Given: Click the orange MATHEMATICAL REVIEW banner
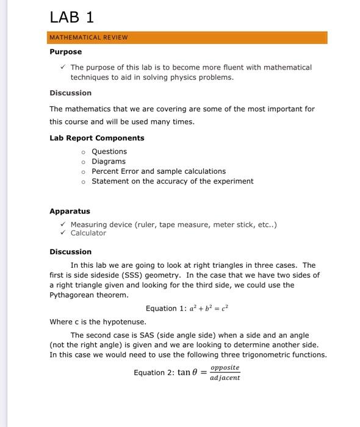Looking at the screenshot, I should pos(188,37).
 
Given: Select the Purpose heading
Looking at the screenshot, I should pos(65,52).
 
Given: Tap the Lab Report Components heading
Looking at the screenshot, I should pos(96,138).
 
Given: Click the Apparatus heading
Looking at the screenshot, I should pos(70,211).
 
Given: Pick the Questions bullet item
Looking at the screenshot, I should pos(109,151).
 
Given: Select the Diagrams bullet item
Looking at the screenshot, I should pos(109,161).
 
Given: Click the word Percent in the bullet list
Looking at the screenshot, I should pos(106,171).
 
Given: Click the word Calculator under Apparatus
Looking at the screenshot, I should pos(88,233).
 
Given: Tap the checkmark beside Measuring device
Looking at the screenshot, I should pos(63,224).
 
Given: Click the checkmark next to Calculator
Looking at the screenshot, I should pos(63,233).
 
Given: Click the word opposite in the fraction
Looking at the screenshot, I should pos(225,368).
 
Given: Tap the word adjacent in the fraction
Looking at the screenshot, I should pos(225,378).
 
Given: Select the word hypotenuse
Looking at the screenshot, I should pos(126,321).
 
